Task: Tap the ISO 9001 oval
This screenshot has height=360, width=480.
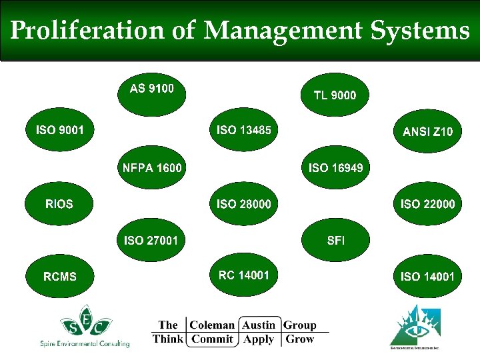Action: click(x=60, y=131)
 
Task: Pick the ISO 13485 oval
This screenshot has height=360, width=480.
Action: click(x=244, y=131)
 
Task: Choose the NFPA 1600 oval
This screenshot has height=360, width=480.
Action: click(x=152, y=167)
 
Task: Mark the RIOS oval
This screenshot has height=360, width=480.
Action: click(x=60, y=203)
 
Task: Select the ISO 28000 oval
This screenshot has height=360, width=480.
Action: click(x=244, y=203)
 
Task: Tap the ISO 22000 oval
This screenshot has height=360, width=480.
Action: click(x=427, y=203)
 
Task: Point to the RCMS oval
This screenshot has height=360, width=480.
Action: click(x=60, y=276)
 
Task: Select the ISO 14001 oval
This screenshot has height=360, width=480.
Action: click(x=427, y=276)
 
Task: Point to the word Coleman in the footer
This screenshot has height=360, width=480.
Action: click(x=212, y=325)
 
